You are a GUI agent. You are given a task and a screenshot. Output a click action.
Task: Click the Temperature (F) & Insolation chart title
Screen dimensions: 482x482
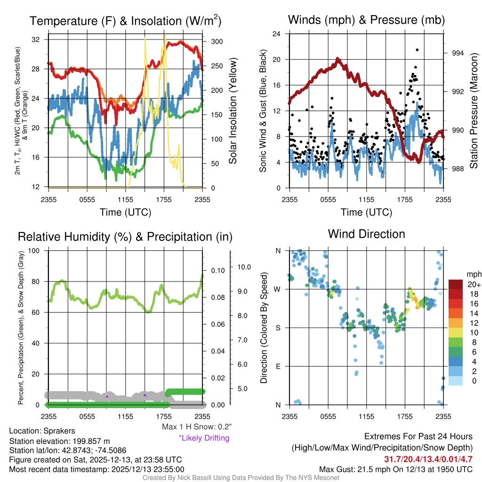tap(125, 21)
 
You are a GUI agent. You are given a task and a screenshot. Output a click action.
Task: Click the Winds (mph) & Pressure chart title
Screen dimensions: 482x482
tap(366, 20)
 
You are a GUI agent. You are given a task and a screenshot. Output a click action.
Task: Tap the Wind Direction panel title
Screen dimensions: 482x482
tap(366, 233)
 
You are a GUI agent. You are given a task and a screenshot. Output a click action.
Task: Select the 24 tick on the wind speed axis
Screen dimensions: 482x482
tap(277, 34)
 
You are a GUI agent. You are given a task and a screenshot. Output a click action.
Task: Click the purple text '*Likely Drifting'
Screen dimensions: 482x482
tap(204, 438)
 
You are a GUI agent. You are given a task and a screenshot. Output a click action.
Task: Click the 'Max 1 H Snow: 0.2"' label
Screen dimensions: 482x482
tap(196, 427)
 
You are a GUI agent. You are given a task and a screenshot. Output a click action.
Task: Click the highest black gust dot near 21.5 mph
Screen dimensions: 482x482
tap(417, 49)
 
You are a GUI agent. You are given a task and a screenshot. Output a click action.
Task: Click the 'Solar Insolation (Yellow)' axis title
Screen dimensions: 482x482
tap(233, 111)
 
